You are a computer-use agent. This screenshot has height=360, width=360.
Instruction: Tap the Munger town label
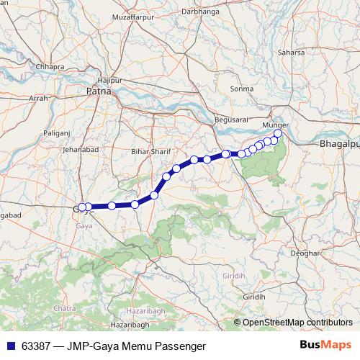tap(276, 125)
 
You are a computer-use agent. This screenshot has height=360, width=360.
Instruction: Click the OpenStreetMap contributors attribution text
tap(297, 323)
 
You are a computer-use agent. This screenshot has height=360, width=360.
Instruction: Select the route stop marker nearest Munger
tap(278, 133)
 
